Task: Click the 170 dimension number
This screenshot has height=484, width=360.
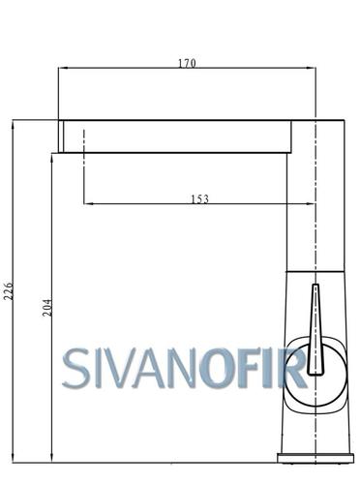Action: point(187,63)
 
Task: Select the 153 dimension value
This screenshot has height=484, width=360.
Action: point(200,199)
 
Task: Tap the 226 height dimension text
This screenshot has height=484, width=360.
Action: point(9,291)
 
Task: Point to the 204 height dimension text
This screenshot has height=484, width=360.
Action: point(47,308)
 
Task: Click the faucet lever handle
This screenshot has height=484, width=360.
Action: point(315,329)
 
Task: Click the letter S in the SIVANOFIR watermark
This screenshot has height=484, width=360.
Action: point(75,368)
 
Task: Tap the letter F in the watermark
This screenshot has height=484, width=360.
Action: point(248,368)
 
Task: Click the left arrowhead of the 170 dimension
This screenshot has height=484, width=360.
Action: point(62,68)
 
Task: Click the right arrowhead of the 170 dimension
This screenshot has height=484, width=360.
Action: point(312,68)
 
